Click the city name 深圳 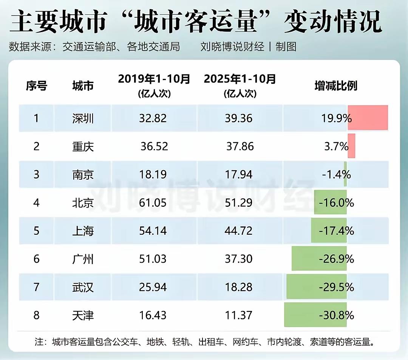[83, 118]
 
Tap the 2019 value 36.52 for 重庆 [154, 146]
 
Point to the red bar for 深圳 [368, 118]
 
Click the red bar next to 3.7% [351, 146]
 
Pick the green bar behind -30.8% [315, 315]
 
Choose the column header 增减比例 [336, 86]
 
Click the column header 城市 [83, 86]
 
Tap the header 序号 [36, 86]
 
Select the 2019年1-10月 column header [154, 80]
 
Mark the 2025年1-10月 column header [240, 80]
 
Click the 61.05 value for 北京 [153, 203]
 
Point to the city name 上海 [83, 231]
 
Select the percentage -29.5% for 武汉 [336, 288]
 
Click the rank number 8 [36, 315]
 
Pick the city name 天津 [83, 315]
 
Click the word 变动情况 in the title [332, 22]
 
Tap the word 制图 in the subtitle [286, 47]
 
